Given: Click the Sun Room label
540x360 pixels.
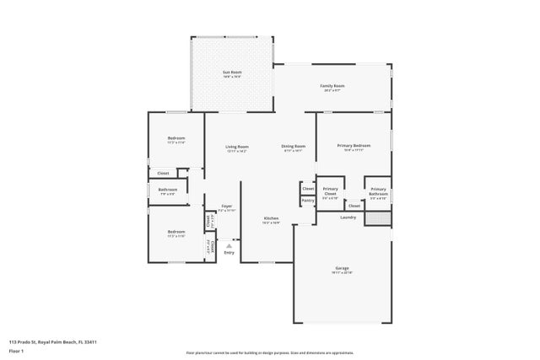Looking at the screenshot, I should tap(232, 73).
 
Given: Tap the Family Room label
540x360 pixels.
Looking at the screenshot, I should tap(332, 86).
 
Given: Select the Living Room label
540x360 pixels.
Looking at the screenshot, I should tap(237, 147).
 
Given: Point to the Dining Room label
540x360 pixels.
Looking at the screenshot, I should tap(293, 147).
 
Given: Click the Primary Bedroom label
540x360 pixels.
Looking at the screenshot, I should tap(354, 146).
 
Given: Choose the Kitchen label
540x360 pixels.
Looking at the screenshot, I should tap(271, 218).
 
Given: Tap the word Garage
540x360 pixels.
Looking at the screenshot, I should tap(342, 268).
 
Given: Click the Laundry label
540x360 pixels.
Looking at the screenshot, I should tap(348, 217).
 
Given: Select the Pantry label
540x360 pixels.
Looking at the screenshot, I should tap(308, 201).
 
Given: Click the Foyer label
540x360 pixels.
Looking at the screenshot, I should tap(227, 206).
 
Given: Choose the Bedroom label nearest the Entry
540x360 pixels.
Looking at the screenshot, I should tap(175, 232).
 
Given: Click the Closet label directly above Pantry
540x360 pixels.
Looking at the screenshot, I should tap(308, 189).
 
